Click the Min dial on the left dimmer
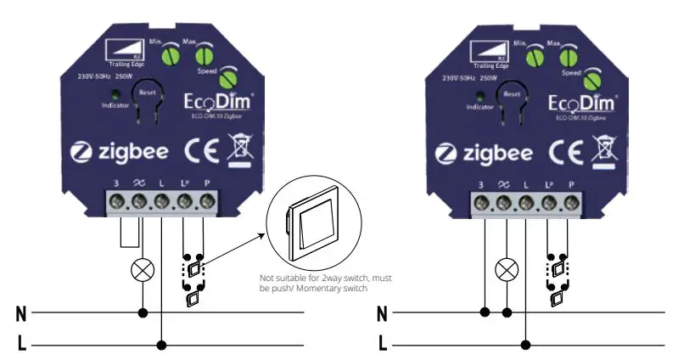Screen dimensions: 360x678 (x=169, y=56)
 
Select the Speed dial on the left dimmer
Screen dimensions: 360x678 (x=227, y=79)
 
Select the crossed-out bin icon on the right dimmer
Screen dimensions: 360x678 (x=606, y=153)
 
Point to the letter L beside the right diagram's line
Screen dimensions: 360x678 (x=383, y=344)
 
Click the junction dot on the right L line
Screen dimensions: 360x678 (x=527, y=344)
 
